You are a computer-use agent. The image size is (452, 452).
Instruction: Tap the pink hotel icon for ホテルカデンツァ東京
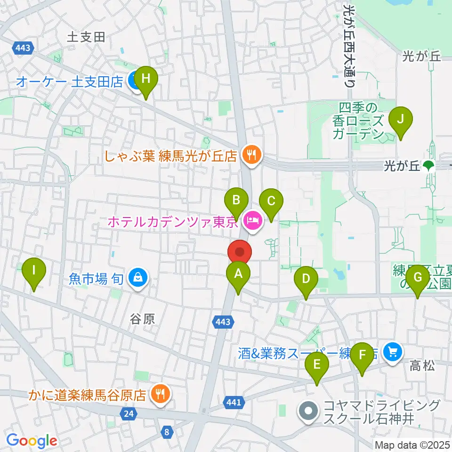click(x=253, y=219)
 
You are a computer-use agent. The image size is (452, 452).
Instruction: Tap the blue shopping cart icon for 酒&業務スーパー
click(x=392, y=351)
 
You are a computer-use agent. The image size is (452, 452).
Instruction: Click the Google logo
click(x=32, y=441)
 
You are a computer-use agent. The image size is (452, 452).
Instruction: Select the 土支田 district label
click(x=86, y=37)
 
